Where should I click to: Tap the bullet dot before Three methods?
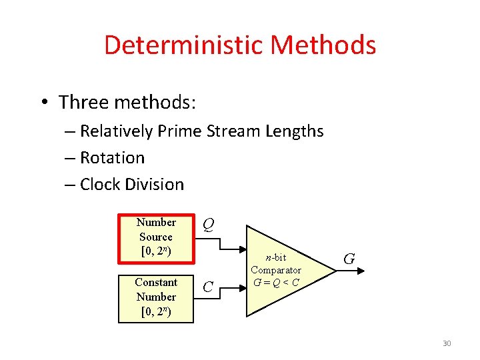click(43, 103)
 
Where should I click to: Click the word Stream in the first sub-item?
click(233, 131)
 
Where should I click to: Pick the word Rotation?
click(112, 158)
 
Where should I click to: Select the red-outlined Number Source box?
click(156, 237)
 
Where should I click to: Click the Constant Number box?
click(156, 297)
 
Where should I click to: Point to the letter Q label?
click(209, 225)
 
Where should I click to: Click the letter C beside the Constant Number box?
click(208, 287)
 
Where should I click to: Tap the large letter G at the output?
click(349, 257)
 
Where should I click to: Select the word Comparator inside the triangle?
click(276, 270)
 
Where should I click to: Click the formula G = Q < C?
click(276, 281)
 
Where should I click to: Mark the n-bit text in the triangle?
click(275, 258)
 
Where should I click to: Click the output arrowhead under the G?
click(363, 271)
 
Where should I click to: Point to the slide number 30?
click(447, 343)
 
